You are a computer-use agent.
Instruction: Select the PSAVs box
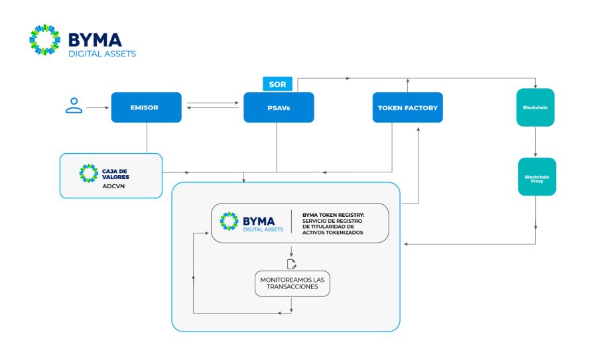pos(279,107)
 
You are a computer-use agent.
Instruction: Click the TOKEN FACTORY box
pos(407,107)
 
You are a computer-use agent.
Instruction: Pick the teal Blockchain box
pos(535,107)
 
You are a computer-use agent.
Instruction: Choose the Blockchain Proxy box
pos(537,177)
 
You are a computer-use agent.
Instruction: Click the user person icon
pos(74,105)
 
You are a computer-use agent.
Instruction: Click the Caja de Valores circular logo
pos(88,172)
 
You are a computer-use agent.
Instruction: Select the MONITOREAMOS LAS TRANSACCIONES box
pos(292,283)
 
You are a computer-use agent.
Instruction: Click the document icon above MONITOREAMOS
pos(291,264)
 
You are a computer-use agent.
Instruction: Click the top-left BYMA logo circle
pos(44,40)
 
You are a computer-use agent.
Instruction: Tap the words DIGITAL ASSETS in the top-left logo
pos(102,53)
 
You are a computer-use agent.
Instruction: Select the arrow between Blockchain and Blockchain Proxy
pos(535,142)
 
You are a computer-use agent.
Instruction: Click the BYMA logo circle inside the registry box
pos(230,222)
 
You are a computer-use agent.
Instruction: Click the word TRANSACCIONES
pos(292,288)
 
